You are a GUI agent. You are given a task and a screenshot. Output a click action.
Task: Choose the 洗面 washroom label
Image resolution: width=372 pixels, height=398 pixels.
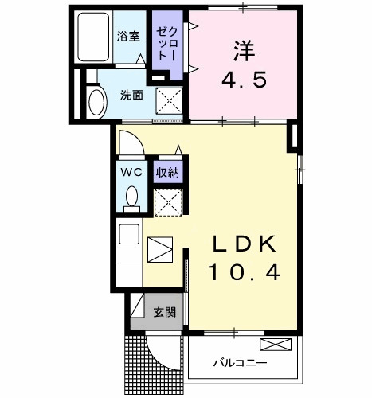click(x=131, y=94)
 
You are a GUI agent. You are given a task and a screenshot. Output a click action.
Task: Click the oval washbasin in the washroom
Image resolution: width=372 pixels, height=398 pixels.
click(x=96, y=102)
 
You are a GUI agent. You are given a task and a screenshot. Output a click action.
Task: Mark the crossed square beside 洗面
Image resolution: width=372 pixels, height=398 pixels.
click(x=168, y=102)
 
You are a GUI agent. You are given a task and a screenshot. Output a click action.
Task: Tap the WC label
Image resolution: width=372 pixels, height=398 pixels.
click(x=130, y=171)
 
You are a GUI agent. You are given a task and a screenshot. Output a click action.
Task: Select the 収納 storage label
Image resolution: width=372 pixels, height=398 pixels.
click(x=166, y=171)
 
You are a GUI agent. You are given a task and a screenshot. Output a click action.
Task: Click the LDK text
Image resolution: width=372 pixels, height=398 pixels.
click(x=244, y=243)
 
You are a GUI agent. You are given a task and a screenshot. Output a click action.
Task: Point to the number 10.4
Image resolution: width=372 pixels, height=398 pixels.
click(x=244, y=273)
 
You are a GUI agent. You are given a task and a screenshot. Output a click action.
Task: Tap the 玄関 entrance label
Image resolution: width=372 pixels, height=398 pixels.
click(x=165, y=312)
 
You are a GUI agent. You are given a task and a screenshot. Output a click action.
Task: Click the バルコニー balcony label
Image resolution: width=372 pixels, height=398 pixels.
click(x=240, y=364)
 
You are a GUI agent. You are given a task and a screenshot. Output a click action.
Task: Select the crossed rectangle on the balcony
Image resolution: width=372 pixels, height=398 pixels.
click(x=276, y=345)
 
